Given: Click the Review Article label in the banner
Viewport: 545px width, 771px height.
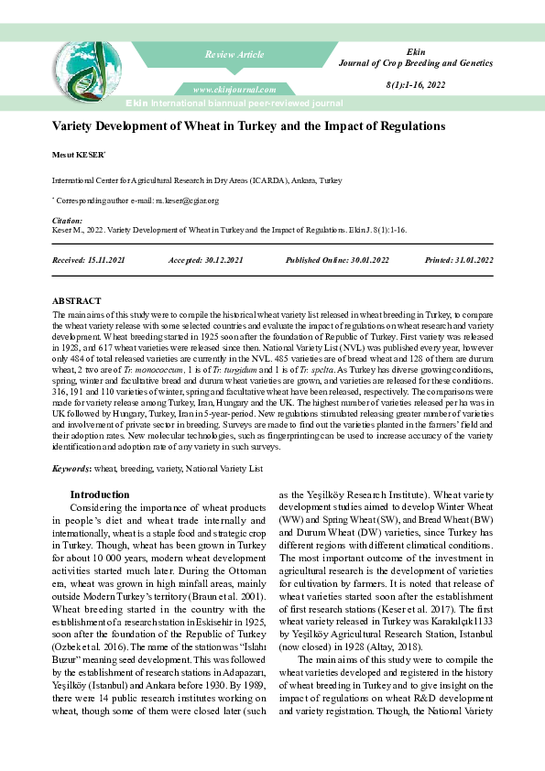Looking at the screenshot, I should [234, 55].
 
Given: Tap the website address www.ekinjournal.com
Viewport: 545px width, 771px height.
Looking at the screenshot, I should [234, 89].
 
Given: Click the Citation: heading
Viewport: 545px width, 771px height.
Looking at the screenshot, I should [67, 221].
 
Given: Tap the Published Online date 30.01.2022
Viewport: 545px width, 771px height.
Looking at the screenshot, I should [364, 260].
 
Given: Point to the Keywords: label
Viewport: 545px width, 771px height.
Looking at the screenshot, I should [71, 468].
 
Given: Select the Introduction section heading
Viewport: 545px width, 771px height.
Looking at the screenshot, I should [100, 494].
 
